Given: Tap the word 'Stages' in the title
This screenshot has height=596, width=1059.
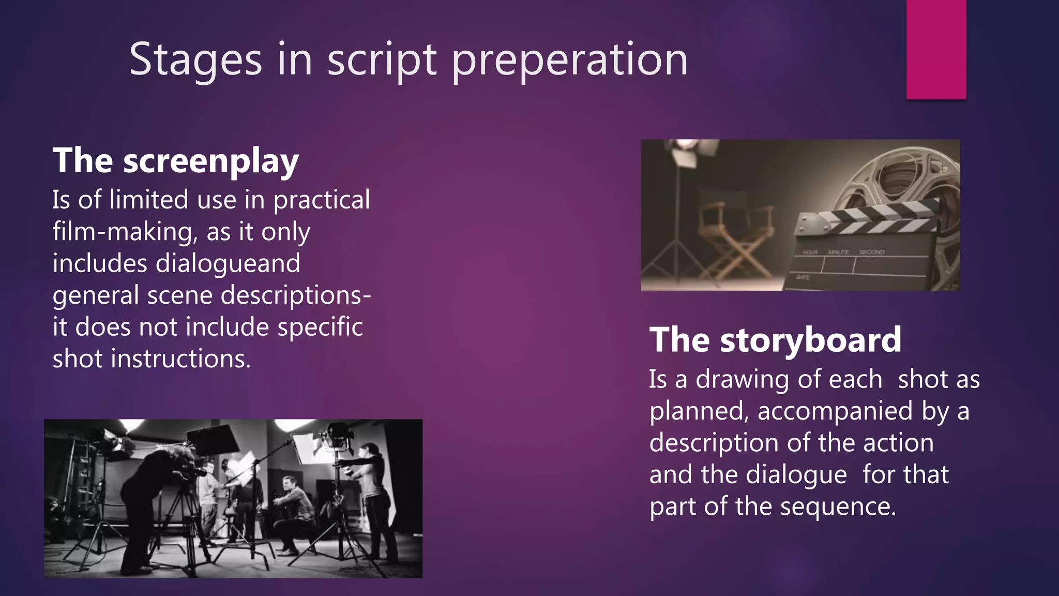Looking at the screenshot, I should point(195,61).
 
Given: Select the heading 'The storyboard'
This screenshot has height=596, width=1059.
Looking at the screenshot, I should point(775,340).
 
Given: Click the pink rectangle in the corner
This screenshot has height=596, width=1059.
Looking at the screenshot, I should point(936,49).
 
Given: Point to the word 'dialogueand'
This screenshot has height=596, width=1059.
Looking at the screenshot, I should point(228,264).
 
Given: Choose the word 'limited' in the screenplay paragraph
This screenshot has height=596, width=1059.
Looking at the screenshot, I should point(149,200).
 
